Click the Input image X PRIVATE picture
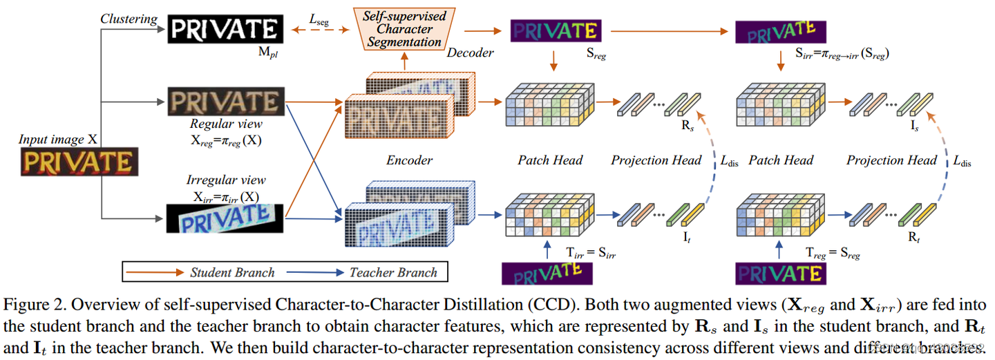(x=76, y=162)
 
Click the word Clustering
(x=128, y=19)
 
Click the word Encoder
(x=409, y=160)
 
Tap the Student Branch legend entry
(x=231, y=272)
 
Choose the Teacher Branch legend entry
(x=393, y=272)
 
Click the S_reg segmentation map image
(x=556, y=31)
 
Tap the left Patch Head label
(x=550, y=160)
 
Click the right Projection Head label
(x=891, y=160)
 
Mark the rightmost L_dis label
(x=962, y=162)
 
